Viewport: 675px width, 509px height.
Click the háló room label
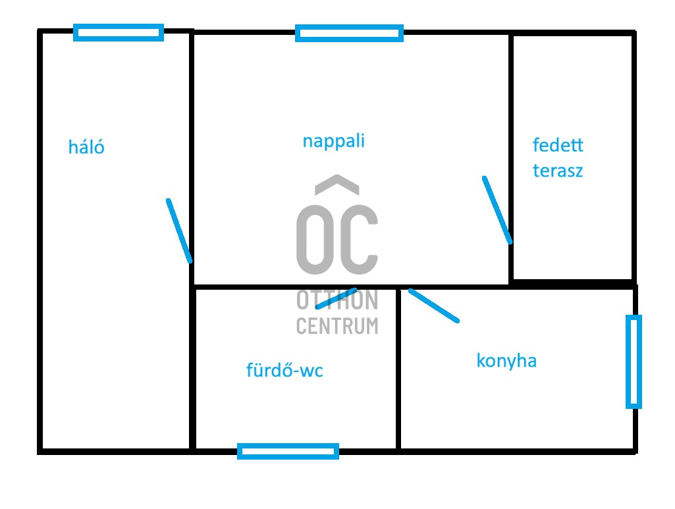[x=86, y=147]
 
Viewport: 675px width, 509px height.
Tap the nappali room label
[x=334, y=141]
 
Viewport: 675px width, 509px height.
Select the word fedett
[x=558, y=145]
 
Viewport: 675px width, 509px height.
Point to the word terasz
[x=558, y=171]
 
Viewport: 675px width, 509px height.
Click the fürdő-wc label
[x=284, y=370]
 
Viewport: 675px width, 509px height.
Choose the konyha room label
[x=506, y=361]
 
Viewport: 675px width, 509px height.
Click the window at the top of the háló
[x=119, y=33]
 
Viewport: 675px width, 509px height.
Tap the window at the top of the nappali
[x=349, y=33]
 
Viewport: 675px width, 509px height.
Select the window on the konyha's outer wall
[x=634, y=362]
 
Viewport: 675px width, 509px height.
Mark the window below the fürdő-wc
[x=288, y=451]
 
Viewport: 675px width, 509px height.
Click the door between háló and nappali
[x=179, y=230]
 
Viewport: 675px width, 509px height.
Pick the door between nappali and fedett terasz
[x=497, y=210]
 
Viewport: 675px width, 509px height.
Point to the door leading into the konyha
[x=434, y=306]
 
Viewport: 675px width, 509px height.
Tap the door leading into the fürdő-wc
[x=337, y=298]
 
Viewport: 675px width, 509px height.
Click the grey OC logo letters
[x=337, y=240]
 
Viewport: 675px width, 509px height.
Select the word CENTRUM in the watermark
[x=337, y=326]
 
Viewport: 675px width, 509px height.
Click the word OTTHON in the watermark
[x=337, y=300]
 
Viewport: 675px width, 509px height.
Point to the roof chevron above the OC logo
[x=337, y=185]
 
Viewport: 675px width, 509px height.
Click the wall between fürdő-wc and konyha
[x=398, y=369]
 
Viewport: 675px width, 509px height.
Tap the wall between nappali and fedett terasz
[x=511, y=158]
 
